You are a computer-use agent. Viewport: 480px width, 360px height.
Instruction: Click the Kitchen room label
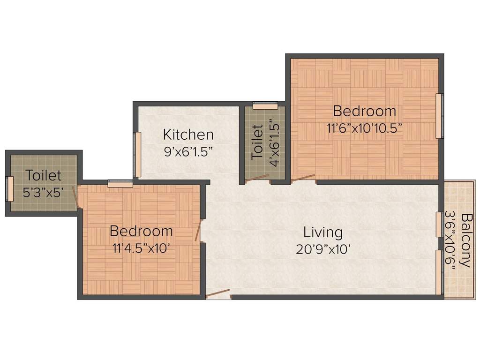(x=188, y=135)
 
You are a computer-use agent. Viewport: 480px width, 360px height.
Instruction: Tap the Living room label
(x=323, y=232)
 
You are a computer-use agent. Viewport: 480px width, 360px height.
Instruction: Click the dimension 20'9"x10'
(x=323, y=249)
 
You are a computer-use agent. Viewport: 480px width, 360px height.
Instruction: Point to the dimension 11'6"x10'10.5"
(x=364, y=127)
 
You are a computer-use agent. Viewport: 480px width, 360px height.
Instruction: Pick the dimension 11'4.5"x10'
(x=141, y=248)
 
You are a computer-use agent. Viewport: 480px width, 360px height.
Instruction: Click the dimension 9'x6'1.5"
(x=188, y=151)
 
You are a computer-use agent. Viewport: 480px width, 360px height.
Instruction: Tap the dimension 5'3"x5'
(x=43, y=192)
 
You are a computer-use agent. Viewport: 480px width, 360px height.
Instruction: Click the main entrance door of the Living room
(x=218, y=294)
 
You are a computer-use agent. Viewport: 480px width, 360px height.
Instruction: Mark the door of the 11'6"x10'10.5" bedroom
(x=303, y=177)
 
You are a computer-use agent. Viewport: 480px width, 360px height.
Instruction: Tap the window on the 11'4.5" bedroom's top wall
(x=120, y=184)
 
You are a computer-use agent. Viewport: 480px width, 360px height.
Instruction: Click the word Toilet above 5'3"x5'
(x=43, y=176)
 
